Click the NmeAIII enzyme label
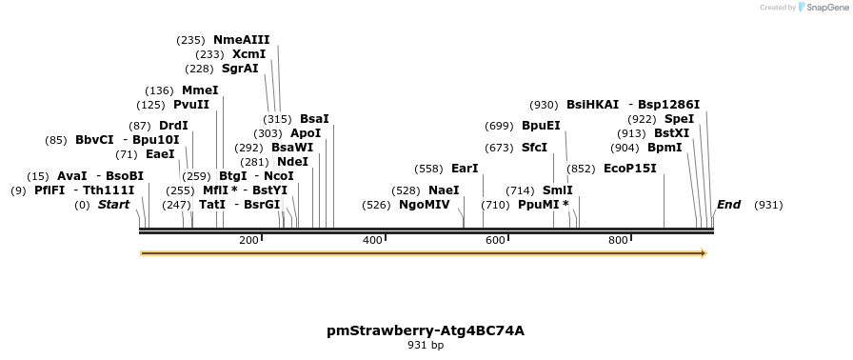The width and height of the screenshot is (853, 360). [x=241, y=40]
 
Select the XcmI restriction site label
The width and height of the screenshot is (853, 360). [x=248, y=54]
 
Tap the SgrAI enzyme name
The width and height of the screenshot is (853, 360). [x=240, y=69]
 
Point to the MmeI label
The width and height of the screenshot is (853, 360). [x=200, y=90]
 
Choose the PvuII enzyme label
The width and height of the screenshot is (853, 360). [x=191, y=105]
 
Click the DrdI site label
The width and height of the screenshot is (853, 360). [x=173, y=126]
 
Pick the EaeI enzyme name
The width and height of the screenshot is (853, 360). [x=160, y=154]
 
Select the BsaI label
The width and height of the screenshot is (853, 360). [x=314, y=119]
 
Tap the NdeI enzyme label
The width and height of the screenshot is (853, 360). [x=292, y=162]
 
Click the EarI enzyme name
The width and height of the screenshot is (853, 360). [x=465, y=169]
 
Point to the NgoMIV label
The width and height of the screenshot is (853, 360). [x=424, y=205]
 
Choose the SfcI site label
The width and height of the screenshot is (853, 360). [x=534, y=148]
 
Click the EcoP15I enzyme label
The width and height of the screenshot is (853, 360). [x=630, y=169]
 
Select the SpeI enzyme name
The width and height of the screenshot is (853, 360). [x=679, y=119]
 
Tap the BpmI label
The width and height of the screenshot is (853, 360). [x=665, y=148]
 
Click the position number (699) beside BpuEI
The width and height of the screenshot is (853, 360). [x=499, y=126]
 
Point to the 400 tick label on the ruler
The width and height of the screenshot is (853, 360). [x=372, y=240]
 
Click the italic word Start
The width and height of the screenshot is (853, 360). [x=113, y=205]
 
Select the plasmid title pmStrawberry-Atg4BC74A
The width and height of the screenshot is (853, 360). [x=426, y=330]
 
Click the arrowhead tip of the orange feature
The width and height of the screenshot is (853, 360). [x=704, y=253]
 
